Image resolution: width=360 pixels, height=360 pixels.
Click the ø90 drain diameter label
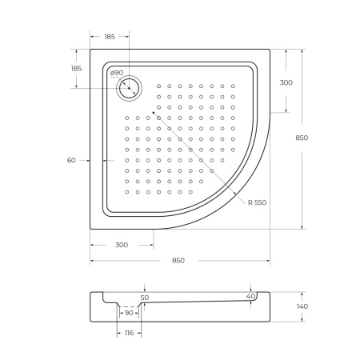point(117,74)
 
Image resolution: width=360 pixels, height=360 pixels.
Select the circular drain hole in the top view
point(128,89)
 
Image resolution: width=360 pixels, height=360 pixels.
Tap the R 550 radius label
point(257,202)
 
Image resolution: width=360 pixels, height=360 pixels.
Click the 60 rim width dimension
point(71,161)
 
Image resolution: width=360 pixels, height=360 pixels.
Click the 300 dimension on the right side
point(285,82)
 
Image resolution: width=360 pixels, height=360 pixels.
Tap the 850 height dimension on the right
point(302,138)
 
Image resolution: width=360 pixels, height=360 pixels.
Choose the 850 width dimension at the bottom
point(179,261)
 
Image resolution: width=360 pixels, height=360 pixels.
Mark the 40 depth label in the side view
point(250,297)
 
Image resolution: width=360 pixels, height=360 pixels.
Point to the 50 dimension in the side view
point(145,297)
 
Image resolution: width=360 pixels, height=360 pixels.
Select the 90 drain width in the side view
point(128,313)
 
